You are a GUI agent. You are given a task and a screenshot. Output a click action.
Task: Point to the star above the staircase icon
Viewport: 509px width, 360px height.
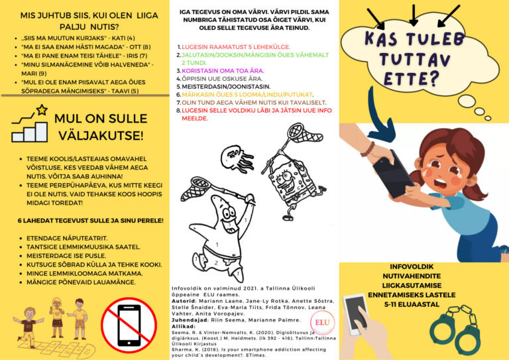[41, 109]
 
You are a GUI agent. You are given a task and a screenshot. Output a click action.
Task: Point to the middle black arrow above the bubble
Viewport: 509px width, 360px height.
[413, 15]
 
